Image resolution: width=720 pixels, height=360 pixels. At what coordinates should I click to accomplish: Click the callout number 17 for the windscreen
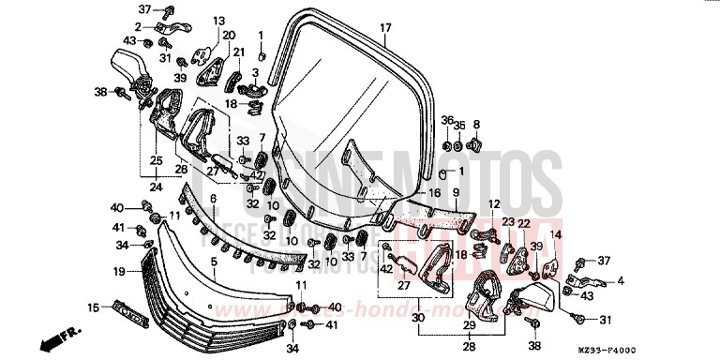pyautogui.click(x=384, y=28)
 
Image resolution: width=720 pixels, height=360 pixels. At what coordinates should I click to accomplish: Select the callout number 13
pyautogui.click(x=219, y=20)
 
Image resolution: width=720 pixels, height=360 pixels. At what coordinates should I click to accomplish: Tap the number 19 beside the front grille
pyautogui.click(x=120, y=272)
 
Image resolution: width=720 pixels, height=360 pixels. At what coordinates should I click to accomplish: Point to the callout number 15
pyautogui.click(x=93, y=307)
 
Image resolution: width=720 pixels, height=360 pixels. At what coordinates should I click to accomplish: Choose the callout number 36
pyautogui.click(x=447, y=120)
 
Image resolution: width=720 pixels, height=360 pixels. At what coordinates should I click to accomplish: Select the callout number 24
pyautogui.click(x=155, y=187)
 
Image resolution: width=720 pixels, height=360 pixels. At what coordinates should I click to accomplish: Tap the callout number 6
pyautogui.click(x=214, y=199)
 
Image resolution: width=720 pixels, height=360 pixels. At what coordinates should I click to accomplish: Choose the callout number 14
pyautogui.click(x=555, y=234)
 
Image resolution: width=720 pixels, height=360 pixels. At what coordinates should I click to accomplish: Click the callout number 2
pyautogui.click(x=137, y=27)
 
